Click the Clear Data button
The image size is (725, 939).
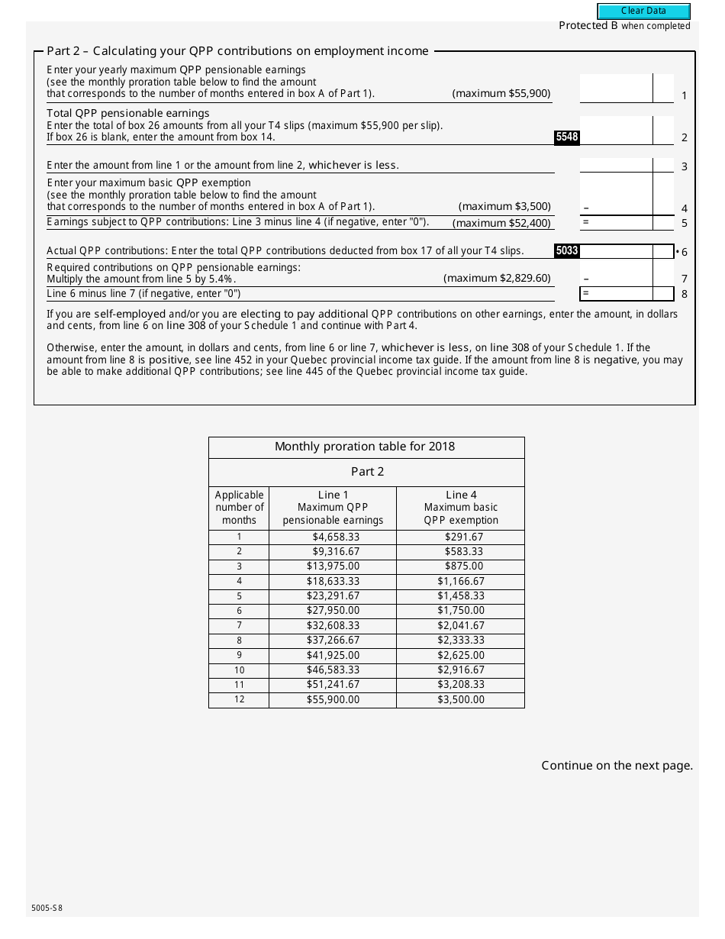point(643,11)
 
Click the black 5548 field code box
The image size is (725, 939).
point(567,137)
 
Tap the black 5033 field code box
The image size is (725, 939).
point(567,250)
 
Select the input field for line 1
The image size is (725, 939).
point(616,89)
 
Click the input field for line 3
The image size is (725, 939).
point(616,166)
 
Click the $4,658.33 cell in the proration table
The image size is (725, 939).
point(333,537)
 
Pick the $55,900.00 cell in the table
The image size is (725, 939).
point(333,699)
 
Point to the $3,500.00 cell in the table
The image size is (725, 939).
point(461,699)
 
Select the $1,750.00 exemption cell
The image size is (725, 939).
point(461,611)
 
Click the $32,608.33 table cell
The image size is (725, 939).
point(333,625)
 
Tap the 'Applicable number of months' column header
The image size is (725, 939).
point(239,508)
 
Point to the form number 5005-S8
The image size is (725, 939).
point(47,908)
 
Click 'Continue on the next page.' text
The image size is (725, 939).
point(617,766)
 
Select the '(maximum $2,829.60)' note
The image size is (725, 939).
point(497,278)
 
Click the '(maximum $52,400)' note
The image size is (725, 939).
point(501,223)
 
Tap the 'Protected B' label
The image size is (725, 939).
point(588,26)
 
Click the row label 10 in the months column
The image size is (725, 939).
point(239,670)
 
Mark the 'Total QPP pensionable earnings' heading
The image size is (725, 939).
point(127,113)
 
